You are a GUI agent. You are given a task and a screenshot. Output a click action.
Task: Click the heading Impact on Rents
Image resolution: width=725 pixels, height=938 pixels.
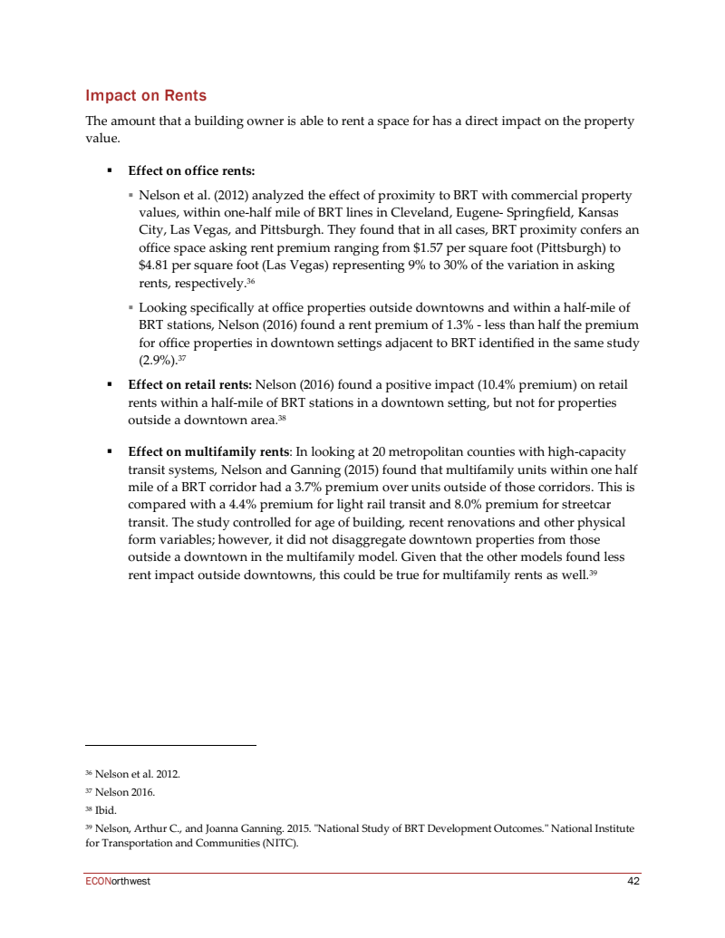(x=146, y=96)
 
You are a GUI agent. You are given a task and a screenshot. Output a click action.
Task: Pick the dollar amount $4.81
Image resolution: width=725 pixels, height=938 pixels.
(x=155, y=266)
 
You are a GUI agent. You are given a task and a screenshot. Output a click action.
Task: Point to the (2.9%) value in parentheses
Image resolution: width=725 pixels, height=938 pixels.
(x=155, y=360)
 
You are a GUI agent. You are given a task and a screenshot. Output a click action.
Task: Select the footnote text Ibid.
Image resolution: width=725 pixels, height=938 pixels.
(x=107, y=810)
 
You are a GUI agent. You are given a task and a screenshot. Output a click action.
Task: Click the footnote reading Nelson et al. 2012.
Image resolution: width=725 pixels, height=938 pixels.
(x=137, y=774)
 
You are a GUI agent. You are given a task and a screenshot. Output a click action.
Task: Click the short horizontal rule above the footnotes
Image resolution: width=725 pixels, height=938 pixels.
(x=170, y=745)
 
